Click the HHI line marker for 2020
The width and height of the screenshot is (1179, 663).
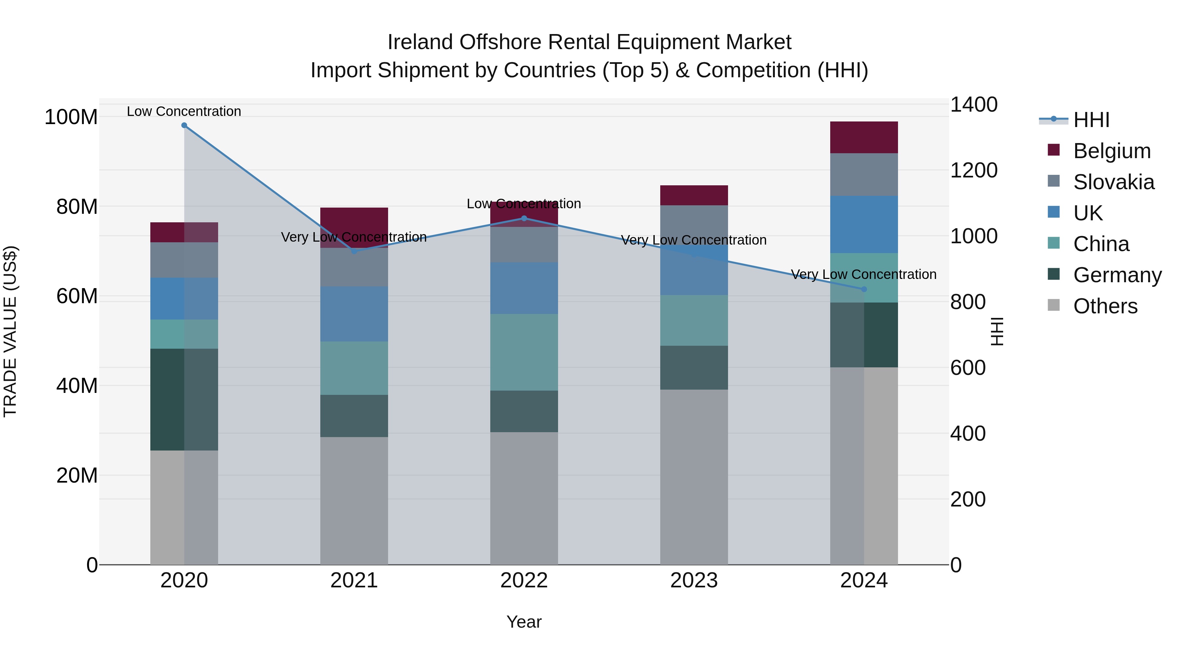coord(184,125)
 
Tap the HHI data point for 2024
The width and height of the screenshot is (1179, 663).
coord(864,289)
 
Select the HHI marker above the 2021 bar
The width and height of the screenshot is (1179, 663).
coord(354,251)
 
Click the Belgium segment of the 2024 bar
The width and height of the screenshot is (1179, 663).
coord(864,137)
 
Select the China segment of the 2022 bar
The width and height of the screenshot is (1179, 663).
coord(524,352)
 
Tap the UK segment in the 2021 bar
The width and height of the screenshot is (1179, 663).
coord(354,314)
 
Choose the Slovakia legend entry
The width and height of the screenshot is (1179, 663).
coord(1113,182)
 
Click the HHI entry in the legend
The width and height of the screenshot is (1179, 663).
coord(1091,120)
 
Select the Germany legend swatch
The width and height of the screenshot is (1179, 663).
coord(1054,275)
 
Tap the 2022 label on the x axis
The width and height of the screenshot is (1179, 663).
coord(524,580)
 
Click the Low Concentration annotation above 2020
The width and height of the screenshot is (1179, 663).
coord(184,111)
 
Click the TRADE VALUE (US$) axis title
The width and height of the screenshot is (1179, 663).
coord(10,331)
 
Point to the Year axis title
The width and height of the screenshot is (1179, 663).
coord(524,622)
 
